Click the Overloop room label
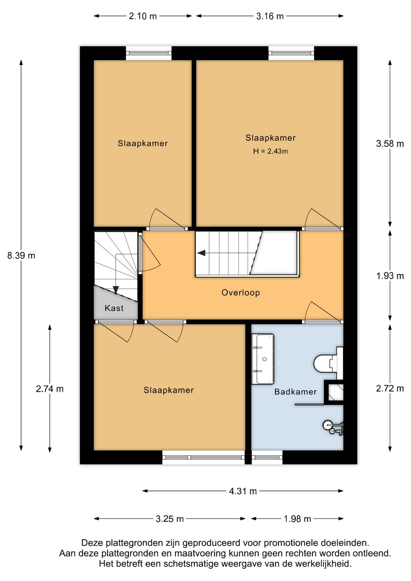point(241,292)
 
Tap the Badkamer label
point(295,392)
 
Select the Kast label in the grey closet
point(114,308)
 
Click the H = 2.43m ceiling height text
point(271,151)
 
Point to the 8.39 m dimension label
point(21,256)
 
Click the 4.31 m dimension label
point(243,491)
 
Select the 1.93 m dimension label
point(390,276)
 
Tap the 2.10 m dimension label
point(143,16)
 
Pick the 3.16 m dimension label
point(270,16)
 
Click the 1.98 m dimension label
point(297,519)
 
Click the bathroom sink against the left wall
point(263,359)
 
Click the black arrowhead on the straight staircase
point(201,253)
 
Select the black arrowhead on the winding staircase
point(116,290)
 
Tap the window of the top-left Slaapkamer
point(148,53)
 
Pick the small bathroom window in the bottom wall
point(267,457)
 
